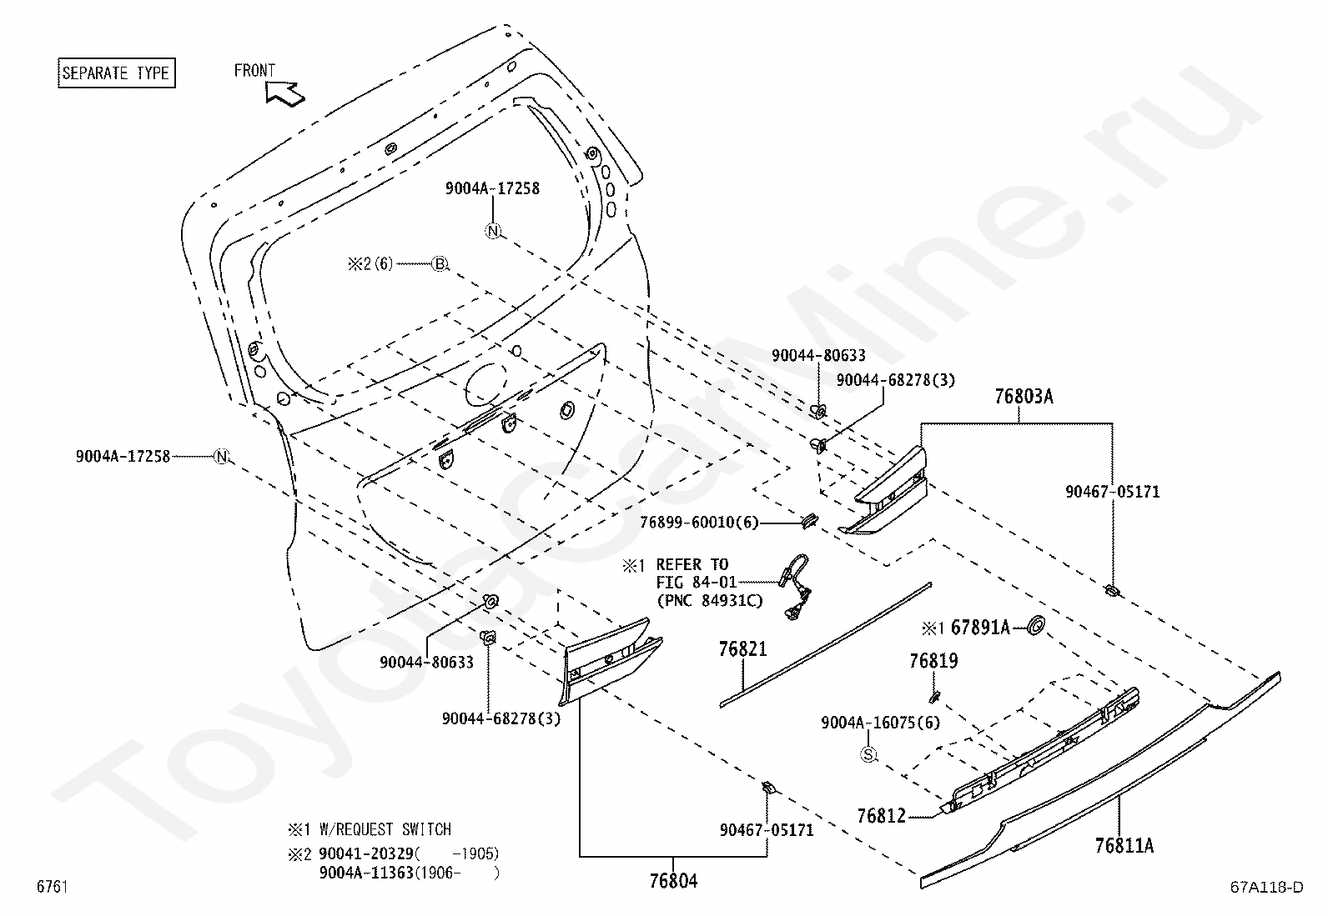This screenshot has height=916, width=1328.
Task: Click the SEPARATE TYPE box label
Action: point(116,73)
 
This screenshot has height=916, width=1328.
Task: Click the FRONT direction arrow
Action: point(285,93)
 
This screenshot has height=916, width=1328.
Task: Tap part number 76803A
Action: point(1024,397)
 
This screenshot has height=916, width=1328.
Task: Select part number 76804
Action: point(673,881)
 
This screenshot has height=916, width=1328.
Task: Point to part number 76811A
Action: point(1124,845)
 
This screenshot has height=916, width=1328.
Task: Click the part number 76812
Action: point(882,816)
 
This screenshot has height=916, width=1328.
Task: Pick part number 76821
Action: point(743,648)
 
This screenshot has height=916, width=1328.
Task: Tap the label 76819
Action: point(933,661)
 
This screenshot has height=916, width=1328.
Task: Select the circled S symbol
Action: point(868,755)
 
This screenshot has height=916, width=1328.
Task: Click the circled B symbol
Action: point(440,263)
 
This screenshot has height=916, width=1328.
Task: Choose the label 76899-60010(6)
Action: point(699,523)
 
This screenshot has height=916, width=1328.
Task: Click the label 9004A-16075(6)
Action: point(880,723)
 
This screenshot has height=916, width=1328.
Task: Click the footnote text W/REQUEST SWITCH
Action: point(385,829)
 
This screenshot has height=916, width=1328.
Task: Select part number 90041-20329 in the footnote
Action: point(366,853)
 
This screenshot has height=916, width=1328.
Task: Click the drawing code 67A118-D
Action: point(1267,887)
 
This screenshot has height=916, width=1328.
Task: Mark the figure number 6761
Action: point(53,886)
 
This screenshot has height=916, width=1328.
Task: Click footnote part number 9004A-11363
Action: point(366,873)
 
